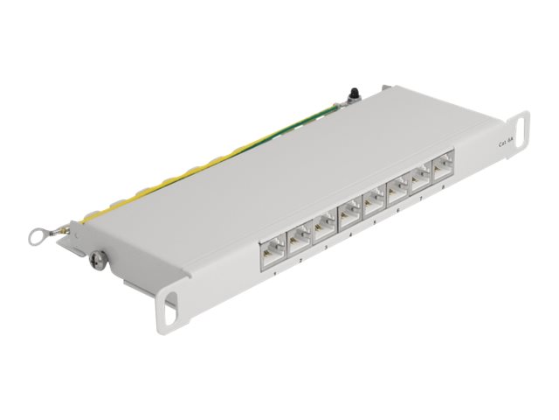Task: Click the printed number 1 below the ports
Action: pos(275,272)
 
